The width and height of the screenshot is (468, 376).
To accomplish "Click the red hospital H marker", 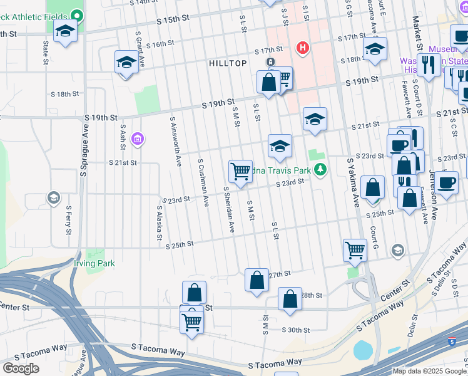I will point(303,48).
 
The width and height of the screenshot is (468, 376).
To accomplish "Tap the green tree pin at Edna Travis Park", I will point(320,169).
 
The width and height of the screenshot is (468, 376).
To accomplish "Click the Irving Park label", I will point(94,264).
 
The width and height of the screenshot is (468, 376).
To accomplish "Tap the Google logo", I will point(21,368).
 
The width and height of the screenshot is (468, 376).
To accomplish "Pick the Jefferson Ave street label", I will point(433,194).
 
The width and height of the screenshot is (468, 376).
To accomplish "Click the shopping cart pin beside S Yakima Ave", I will point(355,249).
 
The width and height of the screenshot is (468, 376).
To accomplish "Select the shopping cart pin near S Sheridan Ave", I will point(240,171).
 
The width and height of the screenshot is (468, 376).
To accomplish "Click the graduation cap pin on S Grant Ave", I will point(126,62).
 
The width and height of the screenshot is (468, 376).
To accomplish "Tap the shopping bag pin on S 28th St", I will point(290,299).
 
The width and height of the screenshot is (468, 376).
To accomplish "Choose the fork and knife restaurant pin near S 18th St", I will point(429,65).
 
